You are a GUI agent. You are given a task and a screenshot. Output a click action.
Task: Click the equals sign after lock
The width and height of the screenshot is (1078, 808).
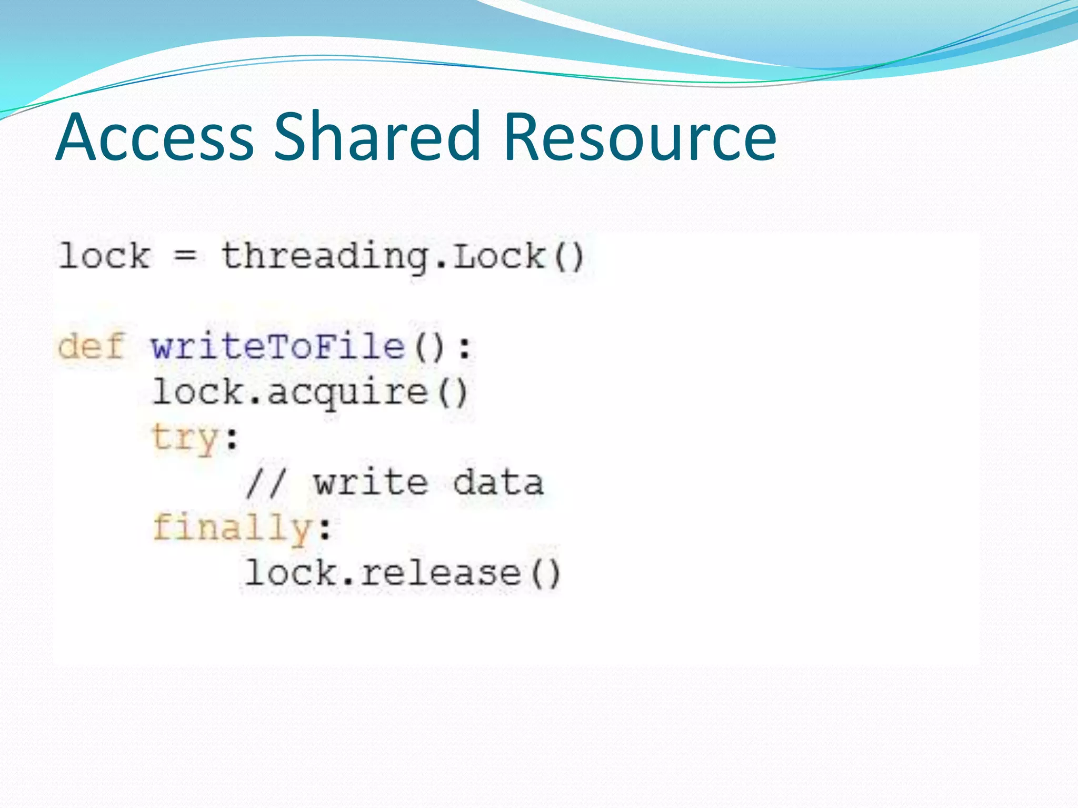pyautogui.click(x=185, y=257)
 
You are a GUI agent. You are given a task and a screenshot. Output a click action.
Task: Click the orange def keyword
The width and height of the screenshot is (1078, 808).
pyautogui.click(x=91, y=346)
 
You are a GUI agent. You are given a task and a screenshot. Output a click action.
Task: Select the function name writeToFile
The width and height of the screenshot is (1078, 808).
pyautogui.click(x=278, y=347)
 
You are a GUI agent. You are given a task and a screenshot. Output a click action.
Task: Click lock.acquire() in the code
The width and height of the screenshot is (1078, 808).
pyautogui.click(x=310, y=393)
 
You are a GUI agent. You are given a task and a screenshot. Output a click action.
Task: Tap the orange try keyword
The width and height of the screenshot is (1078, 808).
pyautogui.click(x=184, y=438)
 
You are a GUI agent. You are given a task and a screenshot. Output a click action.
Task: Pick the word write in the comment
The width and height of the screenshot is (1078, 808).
pyautogui.click(x=371, y=482)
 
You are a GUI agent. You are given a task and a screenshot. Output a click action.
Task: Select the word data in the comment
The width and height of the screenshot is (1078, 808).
pyautogui.click(x=498, y=482)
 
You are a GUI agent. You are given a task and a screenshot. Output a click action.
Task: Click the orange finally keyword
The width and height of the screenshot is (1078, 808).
pyautogui.click(x=232, y=528)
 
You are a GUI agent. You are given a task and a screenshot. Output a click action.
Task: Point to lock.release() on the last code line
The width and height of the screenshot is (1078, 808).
pyautogui.click(x=403, y=573)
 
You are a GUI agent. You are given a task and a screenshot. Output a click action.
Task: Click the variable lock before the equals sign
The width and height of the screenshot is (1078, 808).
pyautogui.click(x=105, y=257)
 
